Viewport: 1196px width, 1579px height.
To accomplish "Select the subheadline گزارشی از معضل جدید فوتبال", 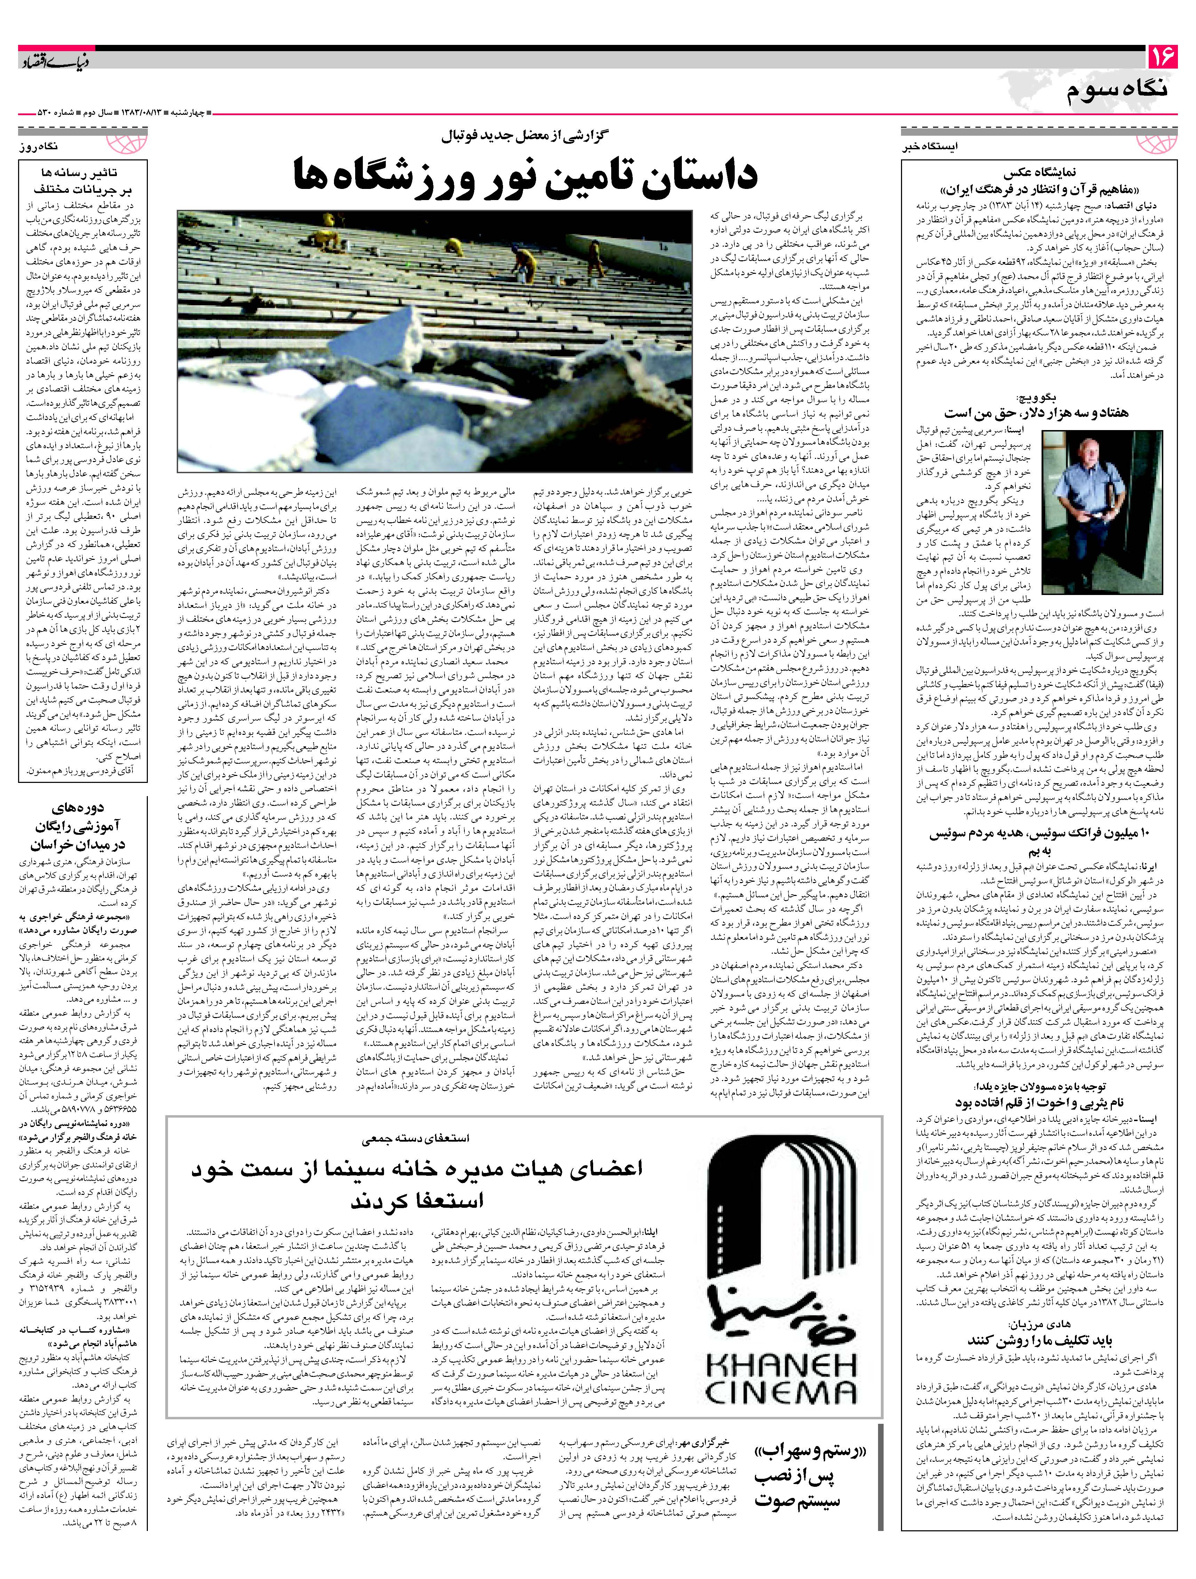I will [x=526, y=135].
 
